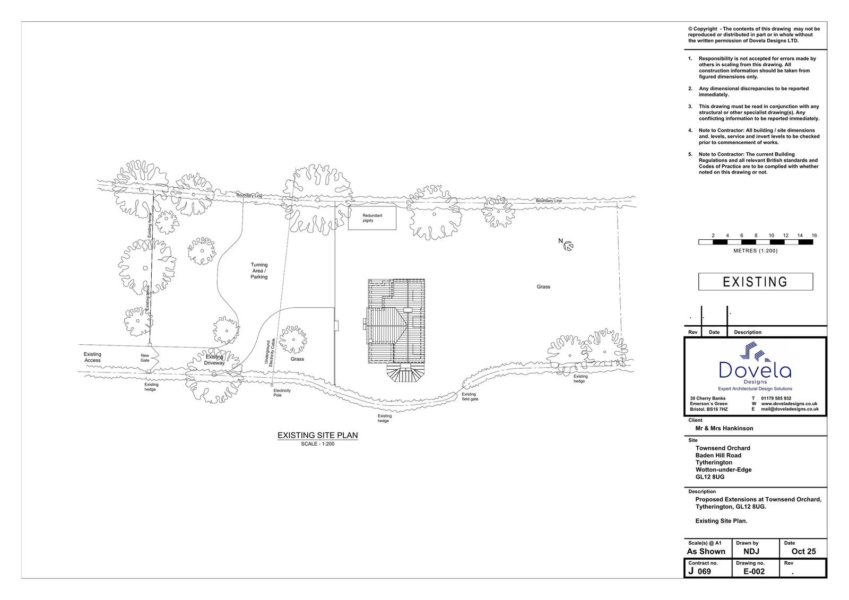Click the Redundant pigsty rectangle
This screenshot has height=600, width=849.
372,218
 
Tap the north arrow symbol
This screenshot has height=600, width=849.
568,246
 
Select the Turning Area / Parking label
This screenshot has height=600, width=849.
259,271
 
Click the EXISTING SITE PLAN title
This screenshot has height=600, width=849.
317,436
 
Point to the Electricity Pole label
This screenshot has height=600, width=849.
282,393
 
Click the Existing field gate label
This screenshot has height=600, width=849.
470,396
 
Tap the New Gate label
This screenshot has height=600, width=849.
145,358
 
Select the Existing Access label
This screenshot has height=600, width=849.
92,357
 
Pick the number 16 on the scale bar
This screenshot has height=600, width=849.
814,236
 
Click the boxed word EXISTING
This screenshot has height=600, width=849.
755,282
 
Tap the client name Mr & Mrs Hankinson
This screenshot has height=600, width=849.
724,428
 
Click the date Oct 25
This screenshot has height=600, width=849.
803,551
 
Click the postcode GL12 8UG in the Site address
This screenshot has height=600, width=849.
709,477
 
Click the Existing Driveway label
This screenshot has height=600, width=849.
214,360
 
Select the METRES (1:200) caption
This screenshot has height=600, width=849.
755,251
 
